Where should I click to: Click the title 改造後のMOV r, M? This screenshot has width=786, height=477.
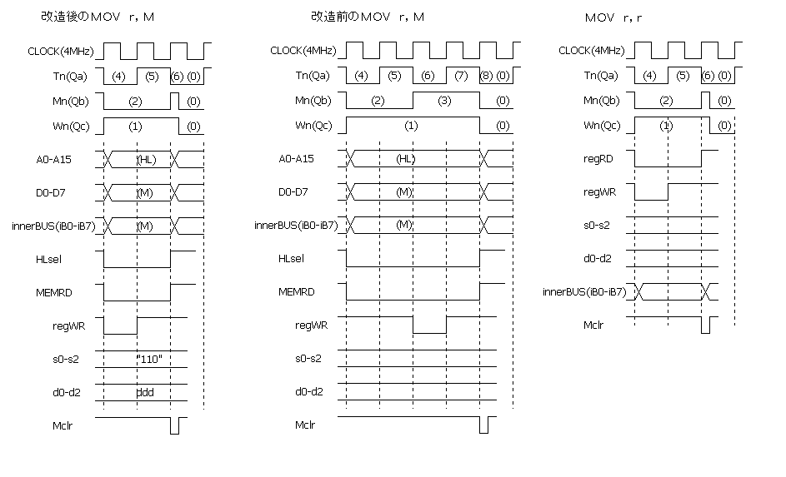98,17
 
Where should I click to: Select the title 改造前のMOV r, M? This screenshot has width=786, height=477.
368,17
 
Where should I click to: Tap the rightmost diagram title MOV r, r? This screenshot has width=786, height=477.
613,18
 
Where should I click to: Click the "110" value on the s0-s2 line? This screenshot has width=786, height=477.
149,359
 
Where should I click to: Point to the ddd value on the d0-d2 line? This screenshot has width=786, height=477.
145,392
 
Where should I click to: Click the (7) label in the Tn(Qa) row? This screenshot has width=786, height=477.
461,76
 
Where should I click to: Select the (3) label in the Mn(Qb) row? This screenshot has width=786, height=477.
444,101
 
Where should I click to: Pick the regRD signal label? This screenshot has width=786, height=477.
598,159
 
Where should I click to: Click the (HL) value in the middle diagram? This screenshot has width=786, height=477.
406,159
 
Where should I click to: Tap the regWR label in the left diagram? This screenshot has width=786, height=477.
68,326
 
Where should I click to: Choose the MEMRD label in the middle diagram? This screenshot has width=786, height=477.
296,292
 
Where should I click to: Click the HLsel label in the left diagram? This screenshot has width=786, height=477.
48,259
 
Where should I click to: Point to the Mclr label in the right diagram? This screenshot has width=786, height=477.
593,325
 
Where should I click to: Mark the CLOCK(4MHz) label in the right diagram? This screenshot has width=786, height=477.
592,51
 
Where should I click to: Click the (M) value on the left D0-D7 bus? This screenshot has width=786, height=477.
145,192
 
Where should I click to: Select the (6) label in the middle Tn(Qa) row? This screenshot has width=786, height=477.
428,76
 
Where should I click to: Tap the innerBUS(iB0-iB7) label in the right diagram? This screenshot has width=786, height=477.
584,292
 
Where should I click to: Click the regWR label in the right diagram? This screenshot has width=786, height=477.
599,192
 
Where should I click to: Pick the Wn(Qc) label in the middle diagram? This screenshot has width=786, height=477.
313,125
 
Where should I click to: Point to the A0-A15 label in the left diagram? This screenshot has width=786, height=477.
53,160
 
